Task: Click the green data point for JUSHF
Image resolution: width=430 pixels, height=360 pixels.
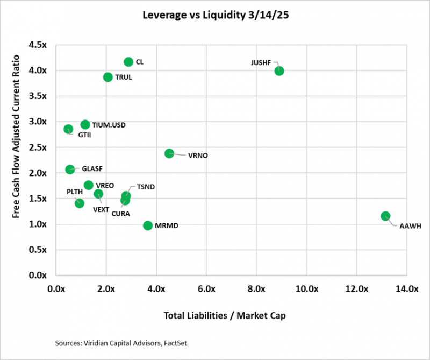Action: (x=279, y=71)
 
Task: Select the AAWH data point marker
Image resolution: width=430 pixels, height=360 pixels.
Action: (x=385, y=216)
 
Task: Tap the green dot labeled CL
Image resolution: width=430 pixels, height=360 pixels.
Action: (x=128, y=62)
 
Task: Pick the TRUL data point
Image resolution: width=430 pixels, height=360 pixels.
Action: (x=108, y=77)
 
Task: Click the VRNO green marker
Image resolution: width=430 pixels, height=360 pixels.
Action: (x=169, y=153)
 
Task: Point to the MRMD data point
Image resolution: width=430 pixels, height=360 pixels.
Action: (x=148, y=225)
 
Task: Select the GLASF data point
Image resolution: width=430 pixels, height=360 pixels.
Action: (x=70, y=170)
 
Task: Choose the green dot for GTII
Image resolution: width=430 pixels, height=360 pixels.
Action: (x=68, y=129)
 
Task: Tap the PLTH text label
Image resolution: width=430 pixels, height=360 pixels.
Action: (x=74, y=192)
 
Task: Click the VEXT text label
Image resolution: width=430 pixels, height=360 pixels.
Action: (x=102, y=209)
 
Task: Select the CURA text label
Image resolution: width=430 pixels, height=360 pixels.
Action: (x=120, y=214)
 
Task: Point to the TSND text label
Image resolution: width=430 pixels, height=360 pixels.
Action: (x=146, y=187)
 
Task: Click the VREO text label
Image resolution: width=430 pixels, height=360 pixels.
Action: (x=105, y=186)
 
